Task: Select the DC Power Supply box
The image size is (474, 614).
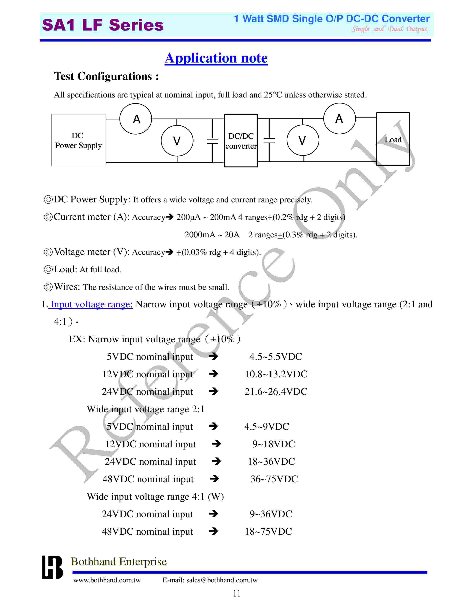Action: tap(78, 140)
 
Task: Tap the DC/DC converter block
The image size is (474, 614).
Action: tap(241, 140)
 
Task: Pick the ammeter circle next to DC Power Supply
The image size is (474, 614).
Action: tap(136, 119)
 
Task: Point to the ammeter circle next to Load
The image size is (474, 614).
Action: tap(339, 119)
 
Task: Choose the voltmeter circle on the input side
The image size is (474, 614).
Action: tap(177, 140)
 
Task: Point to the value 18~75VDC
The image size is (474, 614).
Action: tap(268, 532)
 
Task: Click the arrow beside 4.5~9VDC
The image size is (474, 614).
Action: tap(213, 426)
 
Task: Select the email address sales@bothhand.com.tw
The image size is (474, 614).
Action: tap(222, 580)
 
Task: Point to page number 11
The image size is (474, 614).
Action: tap(237, 594)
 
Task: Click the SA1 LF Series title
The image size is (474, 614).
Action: tap(103, 25)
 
